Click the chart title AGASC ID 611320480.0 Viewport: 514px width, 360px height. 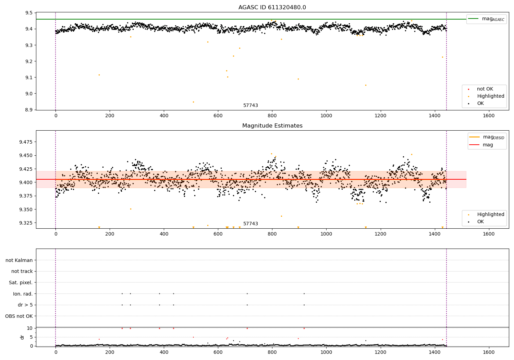[x=272, y=8]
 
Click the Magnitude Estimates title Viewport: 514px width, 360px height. [x=272, y=126]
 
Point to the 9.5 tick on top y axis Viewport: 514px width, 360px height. [x=29, y=13]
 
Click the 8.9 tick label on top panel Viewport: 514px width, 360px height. [x=29, y=110]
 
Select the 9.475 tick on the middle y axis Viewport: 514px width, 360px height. [x=26, y=142]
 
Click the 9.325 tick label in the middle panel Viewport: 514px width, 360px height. [x=26, y=223]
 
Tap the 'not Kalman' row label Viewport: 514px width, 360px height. [x=19, y=260]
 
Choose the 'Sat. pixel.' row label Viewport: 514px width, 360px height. [x=21, y=283]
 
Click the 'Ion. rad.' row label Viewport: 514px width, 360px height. [x=23, y=294]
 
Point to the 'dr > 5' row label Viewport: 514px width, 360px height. [x=25, y=305]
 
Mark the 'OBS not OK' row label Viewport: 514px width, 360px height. [x=19, y=316]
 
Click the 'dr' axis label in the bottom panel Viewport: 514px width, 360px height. [x=22, y=337]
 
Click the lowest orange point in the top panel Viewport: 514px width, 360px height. [x=193, y=102]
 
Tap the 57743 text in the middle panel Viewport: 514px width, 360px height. [x=250, y=224]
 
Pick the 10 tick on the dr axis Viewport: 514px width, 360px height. [x=30, y=328]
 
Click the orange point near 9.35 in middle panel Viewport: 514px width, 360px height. [x=131, y=209]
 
